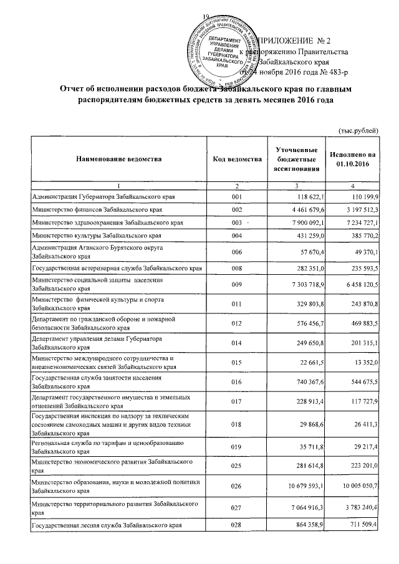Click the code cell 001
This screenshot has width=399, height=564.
tap(236, 197)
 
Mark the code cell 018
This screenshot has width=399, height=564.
tap(236, 424)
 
